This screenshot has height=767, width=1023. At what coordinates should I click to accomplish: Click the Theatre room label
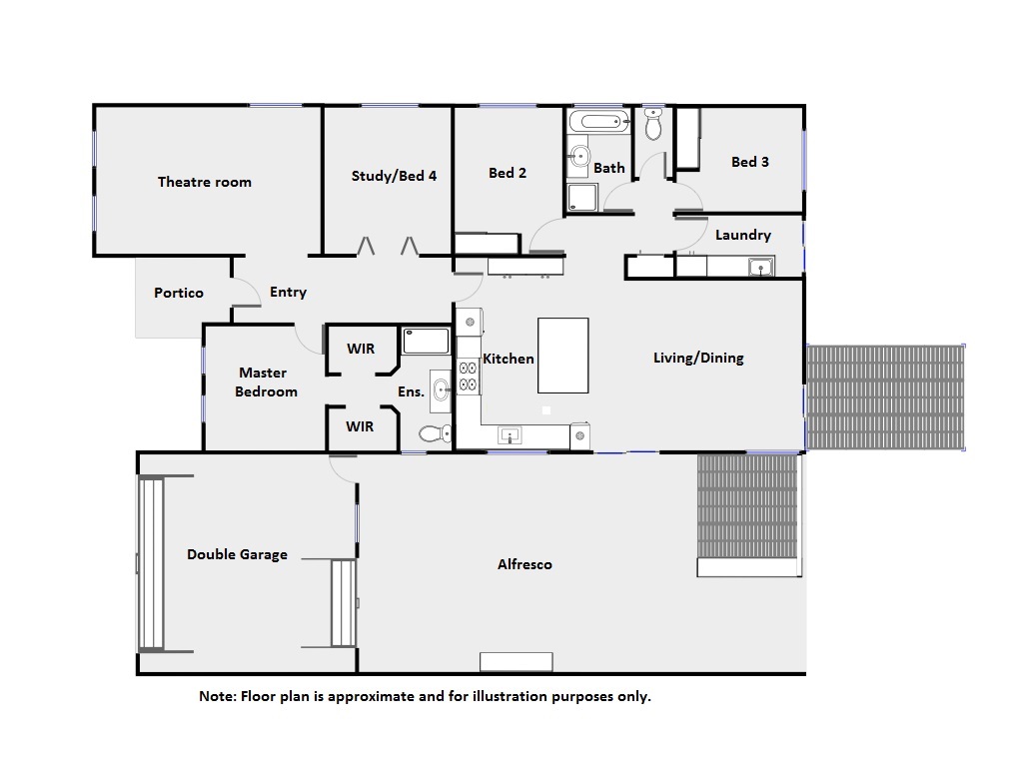(x=204, y=182)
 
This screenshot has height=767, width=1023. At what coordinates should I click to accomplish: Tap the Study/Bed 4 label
(x=394, y=176)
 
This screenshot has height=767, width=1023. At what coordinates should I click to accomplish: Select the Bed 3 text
(x=749, y=162)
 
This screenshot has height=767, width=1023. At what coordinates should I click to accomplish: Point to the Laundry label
(x=742, y=235)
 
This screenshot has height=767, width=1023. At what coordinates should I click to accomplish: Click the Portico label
(x=179, y=293)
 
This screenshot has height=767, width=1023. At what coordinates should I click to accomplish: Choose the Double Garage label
(x=237, y=554)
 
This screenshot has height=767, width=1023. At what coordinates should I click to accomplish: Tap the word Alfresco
(x=524, y=564)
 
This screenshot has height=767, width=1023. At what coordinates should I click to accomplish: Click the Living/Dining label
(x=698, y=358)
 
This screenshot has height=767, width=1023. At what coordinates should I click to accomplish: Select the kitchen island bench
(x=563, y=356)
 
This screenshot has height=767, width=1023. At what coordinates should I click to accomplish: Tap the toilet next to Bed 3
(x=653, y=123)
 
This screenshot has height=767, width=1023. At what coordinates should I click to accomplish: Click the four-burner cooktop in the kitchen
(x=468, y=377)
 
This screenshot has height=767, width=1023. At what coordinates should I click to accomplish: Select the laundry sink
(x=760, y=267)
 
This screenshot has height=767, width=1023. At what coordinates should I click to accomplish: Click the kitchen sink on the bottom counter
(x=510, y=435)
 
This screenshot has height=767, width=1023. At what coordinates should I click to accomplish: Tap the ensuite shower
(x=426, y=342)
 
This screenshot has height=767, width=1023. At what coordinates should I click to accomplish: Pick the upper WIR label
(x=361, y=349)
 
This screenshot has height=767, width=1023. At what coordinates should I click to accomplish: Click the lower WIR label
(x=360, y=426)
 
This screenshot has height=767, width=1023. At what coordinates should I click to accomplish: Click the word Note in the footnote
(x=217, y=696)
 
